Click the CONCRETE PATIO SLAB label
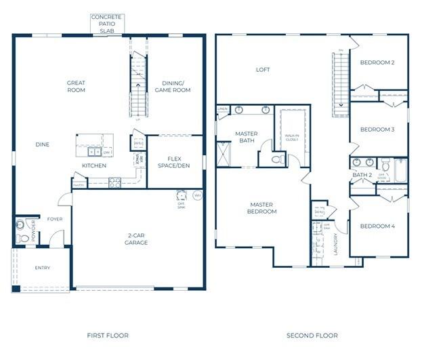[x=107, y=23]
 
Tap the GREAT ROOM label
[x=76, y=87]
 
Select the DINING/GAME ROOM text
[x=171, y=87]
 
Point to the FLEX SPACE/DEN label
[x=175, y=161]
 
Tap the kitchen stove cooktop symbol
[x=114, y=182]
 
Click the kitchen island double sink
[x=91, y=153]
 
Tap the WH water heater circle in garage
[x=197, y=195]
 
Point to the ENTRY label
[x=43, y=268]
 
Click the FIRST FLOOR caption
[x=108, y=336]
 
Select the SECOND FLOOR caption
[x=312, y=336]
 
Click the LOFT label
[x=263, y=69]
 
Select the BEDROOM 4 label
[x=377, y=226]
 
